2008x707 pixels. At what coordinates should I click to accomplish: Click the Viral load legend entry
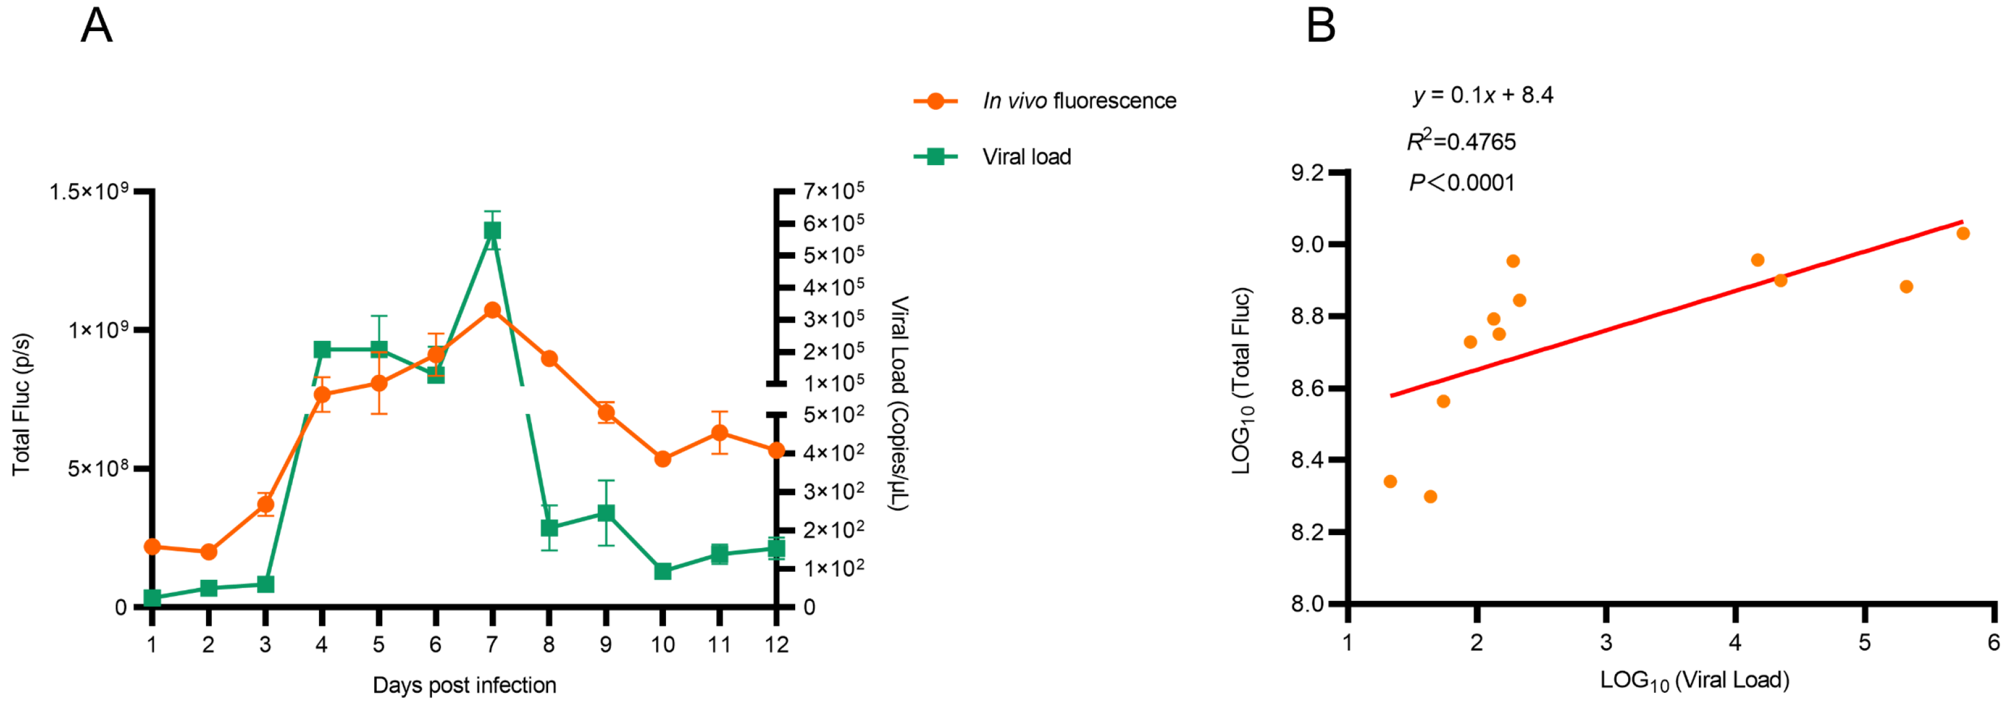(x=1026, y=156)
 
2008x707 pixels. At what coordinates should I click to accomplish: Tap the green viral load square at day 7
(x=492, y=231)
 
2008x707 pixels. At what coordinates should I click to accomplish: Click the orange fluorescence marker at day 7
(x=492, y=310)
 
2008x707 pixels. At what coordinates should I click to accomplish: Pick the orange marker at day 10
(x=662, y=459)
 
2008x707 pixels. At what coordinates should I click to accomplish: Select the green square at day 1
(x=152, y=598)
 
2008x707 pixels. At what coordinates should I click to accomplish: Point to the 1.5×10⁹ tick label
(x=88, y=191)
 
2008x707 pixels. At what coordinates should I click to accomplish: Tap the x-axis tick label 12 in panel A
(x=776, y=645)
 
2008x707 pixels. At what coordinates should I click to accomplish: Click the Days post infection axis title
(x=464, y=685)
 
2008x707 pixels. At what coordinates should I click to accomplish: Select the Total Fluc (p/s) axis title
(x=22, y=403)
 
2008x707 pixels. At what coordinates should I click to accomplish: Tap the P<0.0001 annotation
(x=1462, y=183)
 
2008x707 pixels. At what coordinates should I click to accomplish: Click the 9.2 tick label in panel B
(x=1307, y=173)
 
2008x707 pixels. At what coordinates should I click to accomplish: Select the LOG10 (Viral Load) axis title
(x=1695, y=680)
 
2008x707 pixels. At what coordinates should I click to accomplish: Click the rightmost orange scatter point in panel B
(x=1963, y=233)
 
